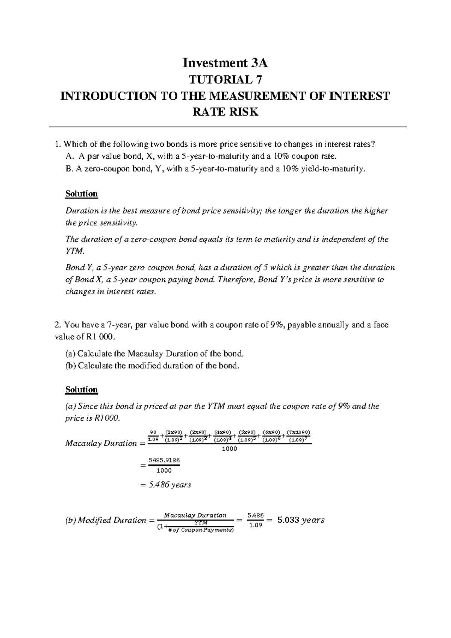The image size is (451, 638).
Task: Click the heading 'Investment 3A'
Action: click(x=225, y=63)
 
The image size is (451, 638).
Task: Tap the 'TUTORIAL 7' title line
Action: click(x=225, y=80)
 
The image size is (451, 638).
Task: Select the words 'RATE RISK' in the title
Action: click(x=225, y=112)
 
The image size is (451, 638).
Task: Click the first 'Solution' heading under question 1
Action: click(x=81, y=194)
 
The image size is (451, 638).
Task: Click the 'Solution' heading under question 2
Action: click(x=81, y=389)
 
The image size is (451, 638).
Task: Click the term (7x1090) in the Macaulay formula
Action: click(x=298, y=432)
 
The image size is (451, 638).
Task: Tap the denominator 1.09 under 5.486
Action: click(x=256, y=526)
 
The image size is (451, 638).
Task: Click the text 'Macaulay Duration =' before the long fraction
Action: click(x=105, y=443)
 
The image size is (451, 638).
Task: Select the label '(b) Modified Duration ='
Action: click(x=105, y=520)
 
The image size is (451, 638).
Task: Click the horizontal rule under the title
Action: click(x=225, y=127)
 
